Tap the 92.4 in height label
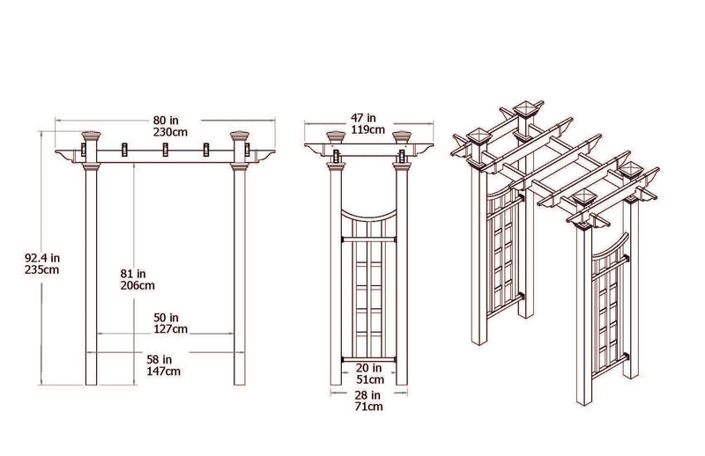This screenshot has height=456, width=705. pos(41,258)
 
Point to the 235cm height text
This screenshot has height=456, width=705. pos(41,270)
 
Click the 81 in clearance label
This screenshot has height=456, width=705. pos(135,273)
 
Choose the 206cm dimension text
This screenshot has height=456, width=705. pos(137,285)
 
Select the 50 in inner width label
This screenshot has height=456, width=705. pos(167,317)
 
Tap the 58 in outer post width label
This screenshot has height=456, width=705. pos(164,359)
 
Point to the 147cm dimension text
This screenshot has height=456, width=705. pos(165,371)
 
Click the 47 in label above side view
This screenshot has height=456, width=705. pos(362,117)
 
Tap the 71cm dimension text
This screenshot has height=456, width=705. pos(368,408)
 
